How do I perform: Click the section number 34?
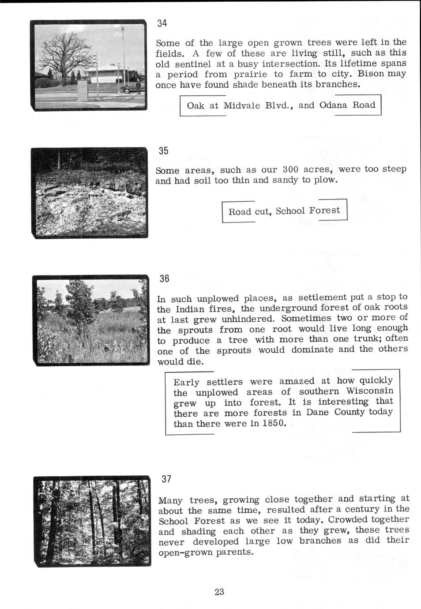click(x=162, y=24)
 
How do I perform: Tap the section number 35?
click(x=163, y=150)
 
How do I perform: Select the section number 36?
click(x=164, y=278)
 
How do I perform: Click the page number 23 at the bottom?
click(x=219, y=592)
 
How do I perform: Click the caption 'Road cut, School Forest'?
click(x=284, y=211)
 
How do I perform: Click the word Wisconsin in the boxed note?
click(x=369, y=391)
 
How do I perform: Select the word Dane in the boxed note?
click(x=317, y=413)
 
